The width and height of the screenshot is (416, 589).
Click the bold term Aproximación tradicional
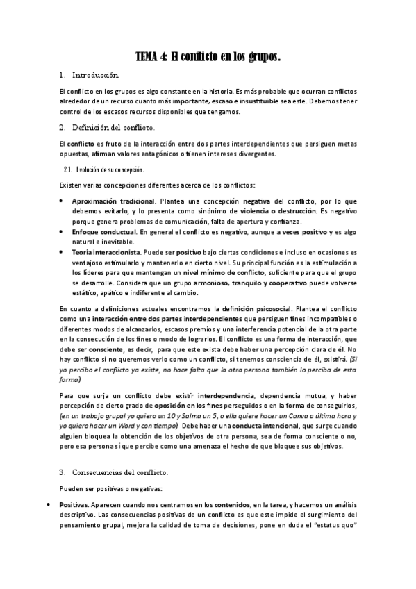point(114,200)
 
